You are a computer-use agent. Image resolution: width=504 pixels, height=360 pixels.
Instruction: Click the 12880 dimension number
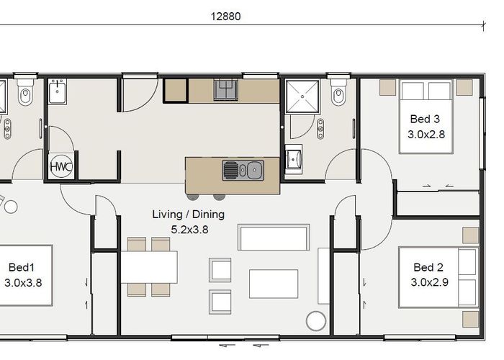(225, 17)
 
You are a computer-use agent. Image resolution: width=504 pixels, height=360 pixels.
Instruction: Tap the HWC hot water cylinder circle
(61, 167)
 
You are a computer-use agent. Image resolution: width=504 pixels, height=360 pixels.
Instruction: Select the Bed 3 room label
(425, 119)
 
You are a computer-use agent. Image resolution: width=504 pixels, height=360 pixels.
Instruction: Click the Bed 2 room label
(428, 267)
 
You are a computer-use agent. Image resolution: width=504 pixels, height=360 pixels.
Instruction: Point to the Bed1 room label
(21, 267)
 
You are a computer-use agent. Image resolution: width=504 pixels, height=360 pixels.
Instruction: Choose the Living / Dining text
(189, 215)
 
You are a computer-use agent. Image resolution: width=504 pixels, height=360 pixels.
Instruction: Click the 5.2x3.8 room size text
(189, 230)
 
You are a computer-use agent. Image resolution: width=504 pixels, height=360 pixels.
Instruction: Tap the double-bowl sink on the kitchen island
(243, 170)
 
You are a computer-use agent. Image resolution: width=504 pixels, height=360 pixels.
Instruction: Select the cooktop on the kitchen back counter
(226, 90)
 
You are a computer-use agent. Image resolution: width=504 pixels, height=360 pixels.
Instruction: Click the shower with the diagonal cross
(302, 96)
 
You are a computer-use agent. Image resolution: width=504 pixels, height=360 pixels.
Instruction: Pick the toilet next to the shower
(338, 91)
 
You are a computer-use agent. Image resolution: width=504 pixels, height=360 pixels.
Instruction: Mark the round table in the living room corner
(316, 321)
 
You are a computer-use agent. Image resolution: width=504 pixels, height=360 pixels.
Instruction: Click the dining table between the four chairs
(149, 267)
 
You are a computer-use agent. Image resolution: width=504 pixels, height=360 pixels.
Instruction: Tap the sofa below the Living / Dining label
(274, 237)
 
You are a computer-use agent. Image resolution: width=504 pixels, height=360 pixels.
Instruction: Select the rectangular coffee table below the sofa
(274, 284)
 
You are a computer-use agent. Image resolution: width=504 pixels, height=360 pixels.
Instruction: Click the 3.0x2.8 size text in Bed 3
(426, 135)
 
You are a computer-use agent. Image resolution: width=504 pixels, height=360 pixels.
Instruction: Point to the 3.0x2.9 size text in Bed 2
(429, 282)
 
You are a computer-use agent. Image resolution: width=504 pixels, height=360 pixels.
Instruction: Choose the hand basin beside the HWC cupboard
(58, 92)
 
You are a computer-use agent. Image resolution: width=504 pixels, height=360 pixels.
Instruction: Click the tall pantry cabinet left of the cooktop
(176, 91)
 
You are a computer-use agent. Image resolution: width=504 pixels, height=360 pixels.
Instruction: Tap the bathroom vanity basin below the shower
(294, 158)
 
